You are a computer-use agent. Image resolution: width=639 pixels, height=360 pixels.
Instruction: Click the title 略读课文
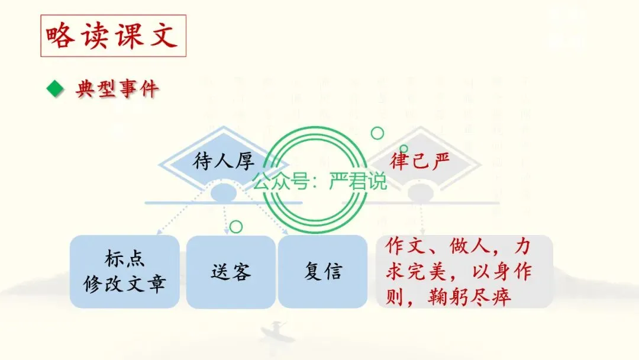[113, 36]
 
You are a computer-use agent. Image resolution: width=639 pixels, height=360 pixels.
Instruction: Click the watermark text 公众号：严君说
[319, 181]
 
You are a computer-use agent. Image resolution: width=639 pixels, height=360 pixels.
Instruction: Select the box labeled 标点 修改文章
[124, 272]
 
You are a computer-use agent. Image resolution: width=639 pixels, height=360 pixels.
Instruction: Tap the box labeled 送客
[231, 272]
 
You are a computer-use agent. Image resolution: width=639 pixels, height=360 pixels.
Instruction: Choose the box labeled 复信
[323, 272]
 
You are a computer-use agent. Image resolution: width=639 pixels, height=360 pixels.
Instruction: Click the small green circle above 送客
[236, 226]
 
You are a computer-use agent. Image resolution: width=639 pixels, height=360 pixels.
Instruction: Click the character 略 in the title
[60, 36]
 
